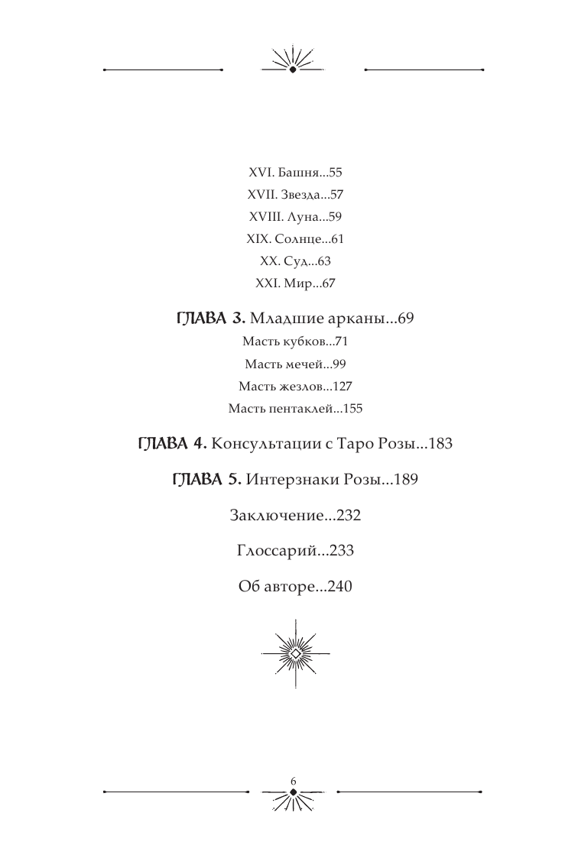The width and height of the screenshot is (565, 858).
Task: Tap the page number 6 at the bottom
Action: [x=294, y=779]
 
